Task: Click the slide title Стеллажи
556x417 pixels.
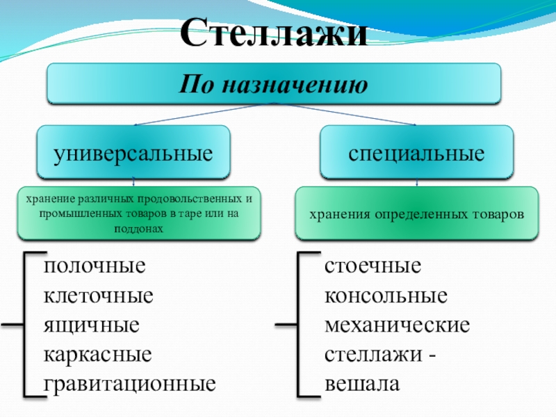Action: pyautogui.click(x=275, y=31)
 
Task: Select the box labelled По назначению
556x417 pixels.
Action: pyautogui.click(x=273, y=84)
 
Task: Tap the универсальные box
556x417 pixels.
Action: pyautogui.click(x=133, y=152)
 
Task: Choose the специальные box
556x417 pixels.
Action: pyautogui.click(x=416, y=152)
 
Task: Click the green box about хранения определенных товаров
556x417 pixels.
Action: pyautogui.click(x=416, y=214)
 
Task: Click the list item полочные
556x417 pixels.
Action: pyautogui.click(x=94, y=266)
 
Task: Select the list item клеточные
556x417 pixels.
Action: pyautogui.click(x=98, y=295)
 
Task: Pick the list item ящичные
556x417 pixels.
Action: pyautogui.click(x=92, y=325)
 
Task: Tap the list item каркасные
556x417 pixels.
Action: pyautogui.click(x=97, y=354)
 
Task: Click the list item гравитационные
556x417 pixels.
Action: pyautogui.click(x=129, y=383)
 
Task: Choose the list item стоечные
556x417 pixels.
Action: pyautogui.click(x=373, y=266)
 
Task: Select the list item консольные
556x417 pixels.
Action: pyautogui.click(x=386, y=295)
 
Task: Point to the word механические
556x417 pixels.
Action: pyautogui.click(x=397, y=325)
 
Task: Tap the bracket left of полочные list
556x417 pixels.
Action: pyautogui.click(x=26, y=325)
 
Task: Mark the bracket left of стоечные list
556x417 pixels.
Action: pyautogui.click(x=300, y=325)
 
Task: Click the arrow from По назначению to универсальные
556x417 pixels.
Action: pyautogui.click(x=202, y=114)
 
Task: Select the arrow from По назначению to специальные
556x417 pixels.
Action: pyautogui.click(x=347, y=114)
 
